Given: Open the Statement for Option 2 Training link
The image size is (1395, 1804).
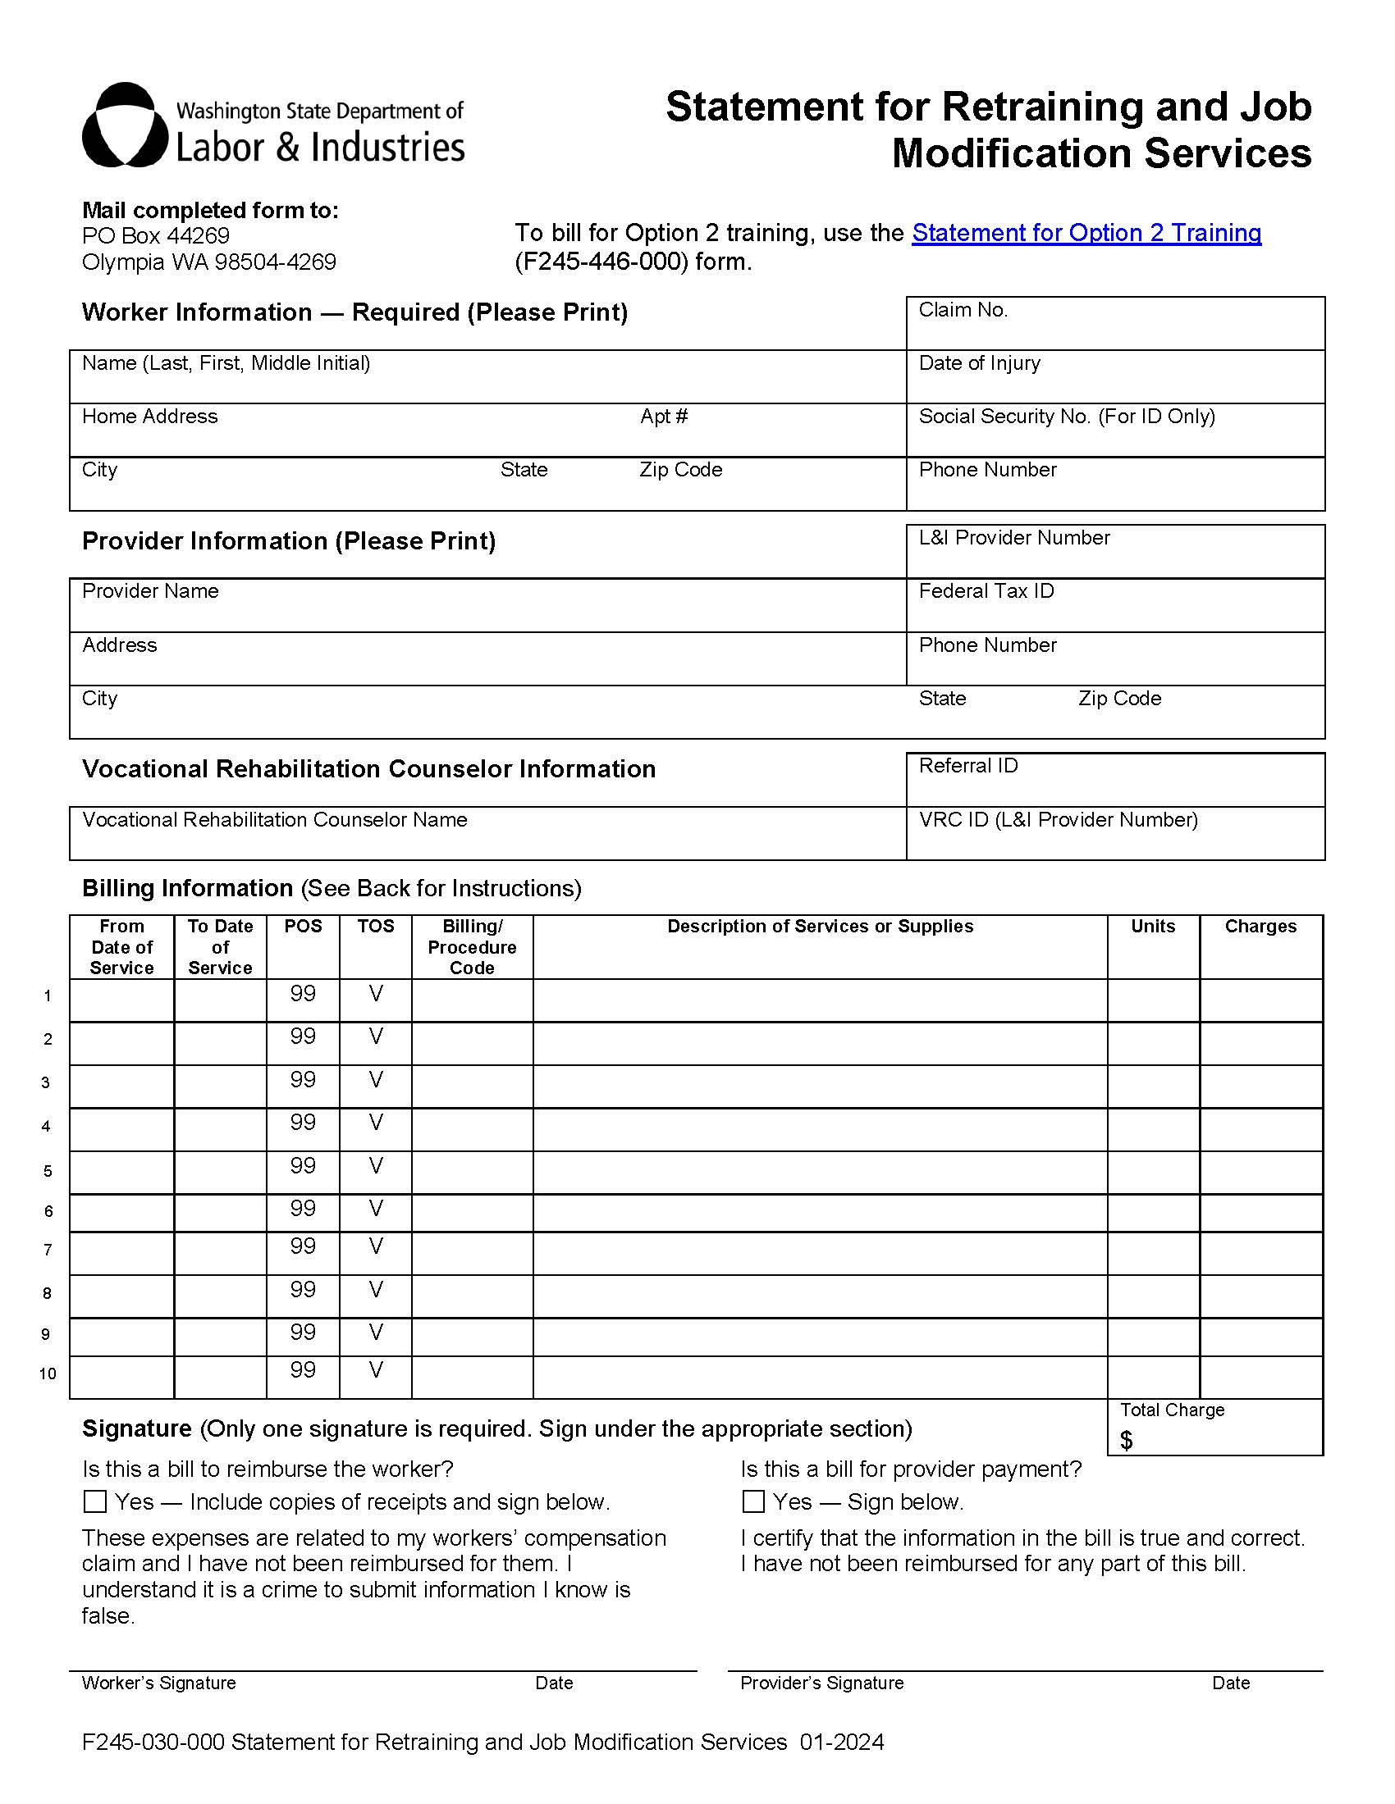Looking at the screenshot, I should [x=1086, y=233].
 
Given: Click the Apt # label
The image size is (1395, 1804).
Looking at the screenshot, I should [x=664, y=417].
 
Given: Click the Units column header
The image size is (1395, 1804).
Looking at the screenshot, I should [x=1152, y=927].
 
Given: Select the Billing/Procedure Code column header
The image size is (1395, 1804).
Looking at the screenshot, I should [x=472, y=946].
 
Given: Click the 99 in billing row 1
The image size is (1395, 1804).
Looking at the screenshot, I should [x=303, y=994].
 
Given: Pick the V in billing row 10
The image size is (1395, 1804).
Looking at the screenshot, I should [x=375, y=1370].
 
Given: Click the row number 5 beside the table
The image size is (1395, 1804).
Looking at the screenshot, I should [x=47, y=1171].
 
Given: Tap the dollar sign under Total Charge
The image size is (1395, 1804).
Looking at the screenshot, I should [x=1126, y=1441].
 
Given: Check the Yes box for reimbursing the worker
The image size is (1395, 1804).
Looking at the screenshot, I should [x=96, y=1501].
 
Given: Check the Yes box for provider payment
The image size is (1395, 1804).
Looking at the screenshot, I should [x=752, y=1501].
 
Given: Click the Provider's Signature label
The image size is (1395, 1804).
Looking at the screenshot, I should [x=821, y=1683].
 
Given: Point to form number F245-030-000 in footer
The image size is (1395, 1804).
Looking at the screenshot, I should [x=153, y=1742].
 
